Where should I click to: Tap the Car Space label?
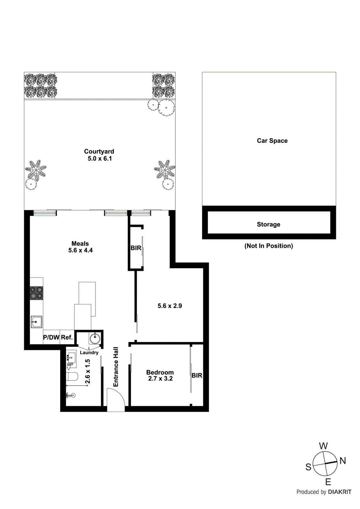(x=272, y=141)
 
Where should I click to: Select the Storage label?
(x=268, y=224)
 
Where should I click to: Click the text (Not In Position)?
(x=269, y=246)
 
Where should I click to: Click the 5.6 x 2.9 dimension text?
(x=170, y=306)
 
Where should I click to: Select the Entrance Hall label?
(x=116, y=367)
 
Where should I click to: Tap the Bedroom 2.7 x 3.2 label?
(x=160, y=375)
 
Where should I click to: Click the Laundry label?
(x=89, y=352)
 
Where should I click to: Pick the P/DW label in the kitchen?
(x=51, y=337)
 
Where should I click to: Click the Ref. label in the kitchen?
(x=67, y=337)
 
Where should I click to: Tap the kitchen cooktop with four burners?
(x=36, y=293)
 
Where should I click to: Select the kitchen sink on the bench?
(x=36, y=322)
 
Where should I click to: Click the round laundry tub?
(x=95, y=338)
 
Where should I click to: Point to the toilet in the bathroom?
(x=73, y=377)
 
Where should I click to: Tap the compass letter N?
(x=342, y=461)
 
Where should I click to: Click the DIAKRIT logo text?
(x=340, y=492)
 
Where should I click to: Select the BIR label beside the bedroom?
(x=197, y=375)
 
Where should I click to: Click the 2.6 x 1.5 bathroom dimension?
(x=88, y=371)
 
